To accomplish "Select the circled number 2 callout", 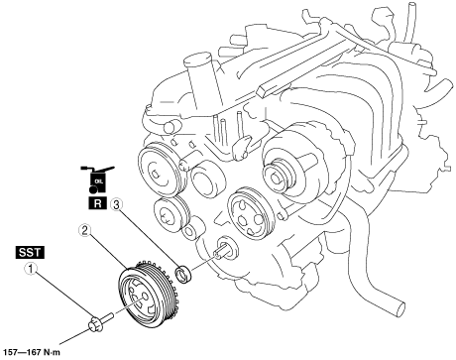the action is point(84,230).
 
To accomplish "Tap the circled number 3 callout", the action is point(116,204).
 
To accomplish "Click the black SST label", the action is point(30,253).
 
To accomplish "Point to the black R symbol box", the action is point(98,203).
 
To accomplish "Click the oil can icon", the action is point(97,180).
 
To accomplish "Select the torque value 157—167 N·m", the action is point(31,352).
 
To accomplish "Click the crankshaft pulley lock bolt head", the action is point(95,323).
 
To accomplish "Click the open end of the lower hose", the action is point(398,308).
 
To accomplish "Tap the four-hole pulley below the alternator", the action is point(251,214).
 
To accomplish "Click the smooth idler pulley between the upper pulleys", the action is point(209,180).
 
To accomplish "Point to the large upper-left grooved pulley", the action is point(161,169).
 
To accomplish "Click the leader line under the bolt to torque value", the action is point(75,336).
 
